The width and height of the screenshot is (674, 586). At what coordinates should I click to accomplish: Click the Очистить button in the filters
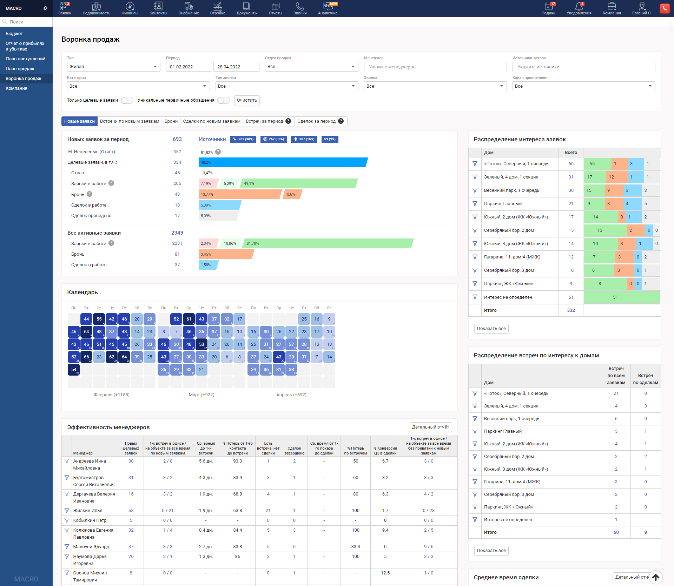247,100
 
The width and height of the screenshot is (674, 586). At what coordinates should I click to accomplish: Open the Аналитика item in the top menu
328,8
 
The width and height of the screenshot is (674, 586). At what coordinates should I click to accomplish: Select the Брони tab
171,121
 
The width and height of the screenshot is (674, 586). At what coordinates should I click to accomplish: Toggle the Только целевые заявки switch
127,100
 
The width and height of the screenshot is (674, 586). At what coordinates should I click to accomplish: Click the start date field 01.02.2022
189,67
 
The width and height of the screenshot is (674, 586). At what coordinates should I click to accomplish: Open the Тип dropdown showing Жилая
113,67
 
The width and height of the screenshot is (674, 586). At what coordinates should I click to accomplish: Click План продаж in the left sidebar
20,69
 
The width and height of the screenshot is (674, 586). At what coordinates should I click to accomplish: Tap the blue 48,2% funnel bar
283,162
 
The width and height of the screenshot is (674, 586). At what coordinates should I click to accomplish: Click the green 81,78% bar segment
328,243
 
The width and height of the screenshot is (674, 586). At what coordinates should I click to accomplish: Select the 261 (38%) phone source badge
243,139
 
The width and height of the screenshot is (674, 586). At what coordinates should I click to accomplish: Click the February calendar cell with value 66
86,357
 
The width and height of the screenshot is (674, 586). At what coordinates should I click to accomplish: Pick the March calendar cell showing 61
189,319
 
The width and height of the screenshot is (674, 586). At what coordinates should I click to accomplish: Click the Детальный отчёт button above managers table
430,427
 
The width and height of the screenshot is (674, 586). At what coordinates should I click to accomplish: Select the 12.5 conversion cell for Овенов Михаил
385,573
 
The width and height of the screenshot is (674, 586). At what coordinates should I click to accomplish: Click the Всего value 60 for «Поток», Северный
571,164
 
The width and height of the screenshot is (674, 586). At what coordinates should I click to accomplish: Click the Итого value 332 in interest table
571,310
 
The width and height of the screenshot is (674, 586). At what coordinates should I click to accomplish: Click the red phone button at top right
665,8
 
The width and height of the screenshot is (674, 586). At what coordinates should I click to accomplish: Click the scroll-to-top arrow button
655,577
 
